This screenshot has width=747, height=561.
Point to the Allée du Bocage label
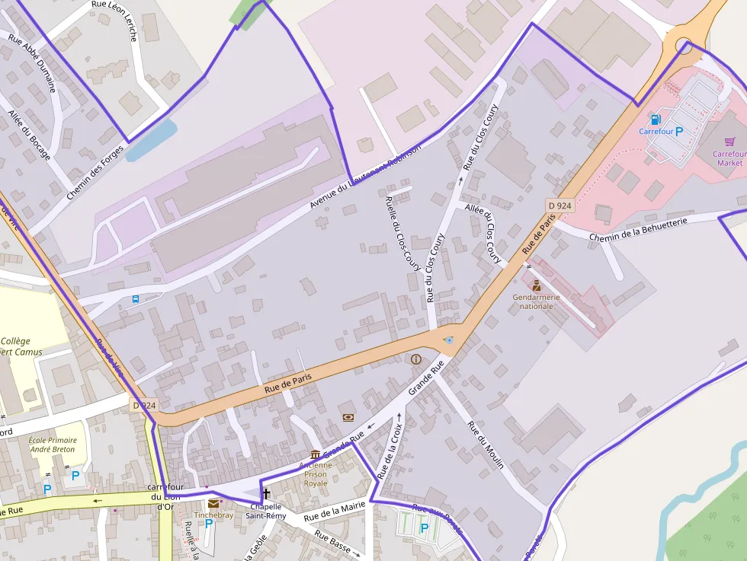click(30, 135)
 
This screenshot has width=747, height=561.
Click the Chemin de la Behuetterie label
click(638, 229)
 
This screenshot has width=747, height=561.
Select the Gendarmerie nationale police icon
click(537, 285)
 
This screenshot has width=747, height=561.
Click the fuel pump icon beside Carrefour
click(655, 120)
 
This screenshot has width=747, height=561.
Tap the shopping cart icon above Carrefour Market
click(729, 141)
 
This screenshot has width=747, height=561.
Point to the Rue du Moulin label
click(486, 445)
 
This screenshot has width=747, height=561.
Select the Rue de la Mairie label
click(334, 512)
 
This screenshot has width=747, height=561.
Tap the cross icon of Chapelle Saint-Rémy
click(266, 493)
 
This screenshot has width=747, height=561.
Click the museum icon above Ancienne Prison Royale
click(315, 454)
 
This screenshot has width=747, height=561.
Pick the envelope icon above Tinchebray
click(213, 503)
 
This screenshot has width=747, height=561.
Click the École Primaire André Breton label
click(53, 445)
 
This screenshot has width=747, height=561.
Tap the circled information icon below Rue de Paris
click(415, 359)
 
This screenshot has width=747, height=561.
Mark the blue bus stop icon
click(136, 299)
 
